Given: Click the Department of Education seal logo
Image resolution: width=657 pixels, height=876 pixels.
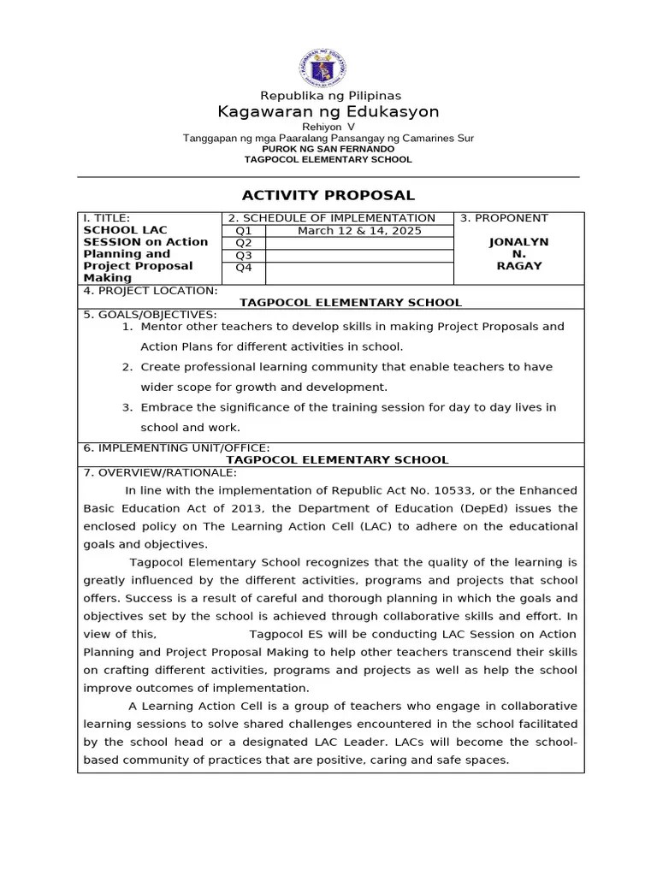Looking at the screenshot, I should [328, 68].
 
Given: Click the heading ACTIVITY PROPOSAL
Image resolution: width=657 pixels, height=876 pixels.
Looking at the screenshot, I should [328, 195].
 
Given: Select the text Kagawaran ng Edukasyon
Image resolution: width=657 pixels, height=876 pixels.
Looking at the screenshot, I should [328, 112].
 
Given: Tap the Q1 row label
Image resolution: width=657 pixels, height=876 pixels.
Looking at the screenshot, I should [244, 231].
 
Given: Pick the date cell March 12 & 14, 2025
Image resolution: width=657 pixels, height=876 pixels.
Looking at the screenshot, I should [359, 231].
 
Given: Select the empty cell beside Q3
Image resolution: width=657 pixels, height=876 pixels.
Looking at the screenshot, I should [359, 255].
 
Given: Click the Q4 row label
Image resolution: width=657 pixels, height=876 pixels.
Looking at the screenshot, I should [244, 268].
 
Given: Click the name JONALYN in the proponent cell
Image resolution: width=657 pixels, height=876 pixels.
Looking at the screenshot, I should [518, 242].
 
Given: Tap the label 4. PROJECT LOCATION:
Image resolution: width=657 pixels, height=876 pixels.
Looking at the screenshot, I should [150, 291].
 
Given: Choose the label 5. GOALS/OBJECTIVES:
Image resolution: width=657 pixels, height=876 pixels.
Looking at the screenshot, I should [150, 314].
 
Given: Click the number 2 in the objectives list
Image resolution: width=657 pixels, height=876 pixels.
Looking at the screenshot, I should [126, 367].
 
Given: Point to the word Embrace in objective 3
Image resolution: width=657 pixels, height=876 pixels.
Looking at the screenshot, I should [166, 407].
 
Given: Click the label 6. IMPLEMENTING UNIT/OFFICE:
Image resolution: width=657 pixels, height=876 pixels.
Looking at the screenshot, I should [176, 447].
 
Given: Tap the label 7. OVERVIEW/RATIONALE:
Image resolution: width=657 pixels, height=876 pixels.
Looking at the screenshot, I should [160, 472].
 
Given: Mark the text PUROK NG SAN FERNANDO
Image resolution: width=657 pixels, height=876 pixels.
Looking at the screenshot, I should [328, 148].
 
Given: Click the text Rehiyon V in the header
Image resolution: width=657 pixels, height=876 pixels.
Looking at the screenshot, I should [328, 127].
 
